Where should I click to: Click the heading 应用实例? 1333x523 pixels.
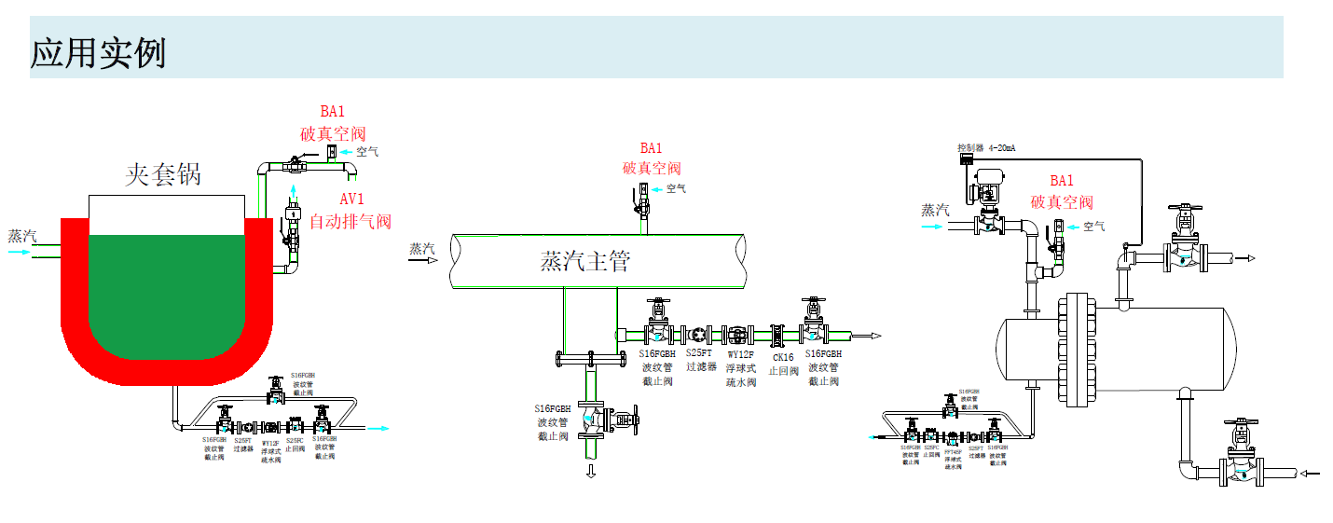point(99,52)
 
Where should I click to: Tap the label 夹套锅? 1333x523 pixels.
point(164,174)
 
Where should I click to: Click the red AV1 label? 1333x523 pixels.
point(351,199)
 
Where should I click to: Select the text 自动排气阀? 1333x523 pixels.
point(350,222)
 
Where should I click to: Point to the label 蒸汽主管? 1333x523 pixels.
point(585,262)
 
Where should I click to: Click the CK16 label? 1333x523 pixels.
point(783,356)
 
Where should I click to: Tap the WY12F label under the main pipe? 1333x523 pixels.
point(741,354)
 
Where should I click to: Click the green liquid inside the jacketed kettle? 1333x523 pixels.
point(168,289)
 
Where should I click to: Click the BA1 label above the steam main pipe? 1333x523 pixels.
point(651,148)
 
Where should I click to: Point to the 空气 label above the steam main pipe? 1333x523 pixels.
point(676,188)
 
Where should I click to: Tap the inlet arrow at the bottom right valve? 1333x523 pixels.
point(1310,474)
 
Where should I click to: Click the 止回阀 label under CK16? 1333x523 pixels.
point(783,370)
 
